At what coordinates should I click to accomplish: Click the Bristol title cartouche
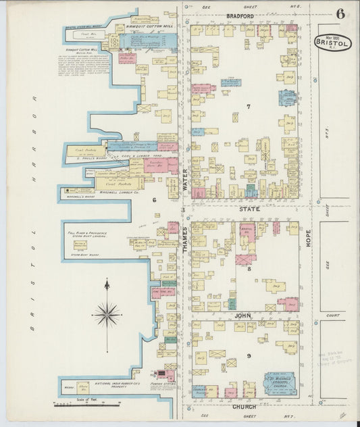point(332,42)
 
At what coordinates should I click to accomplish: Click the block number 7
point(249,107)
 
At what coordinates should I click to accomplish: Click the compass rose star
point(107,313)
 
